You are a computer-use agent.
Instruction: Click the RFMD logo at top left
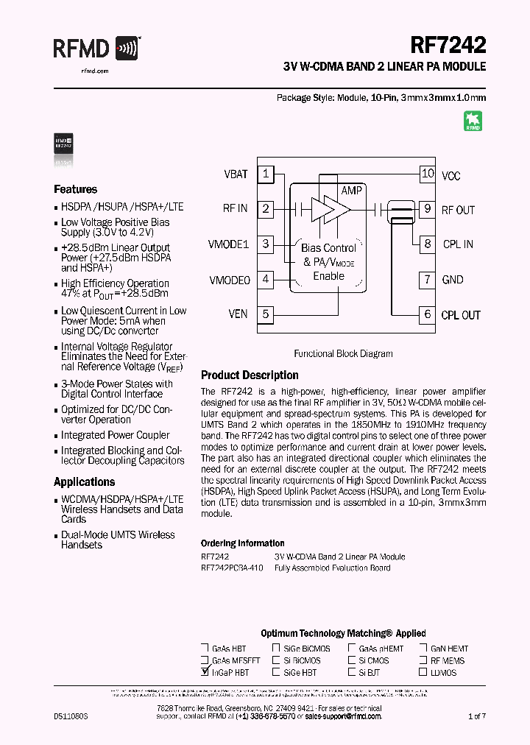tap(96, 49)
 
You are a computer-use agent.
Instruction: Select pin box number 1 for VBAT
tap(266, 174)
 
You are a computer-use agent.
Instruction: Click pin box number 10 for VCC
tap(427, 174)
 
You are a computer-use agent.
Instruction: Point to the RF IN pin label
tap(235, 209)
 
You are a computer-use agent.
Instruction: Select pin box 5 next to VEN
tap(266, 314)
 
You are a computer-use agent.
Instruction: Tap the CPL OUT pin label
tap(461, 315)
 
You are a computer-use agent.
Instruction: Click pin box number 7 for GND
tap(427, 279)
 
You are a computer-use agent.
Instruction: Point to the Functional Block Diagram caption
tap(343, 353)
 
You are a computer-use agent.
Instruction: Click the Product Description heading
tap(250, 375)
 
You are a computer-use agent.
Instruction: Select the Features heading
tap(75, 189)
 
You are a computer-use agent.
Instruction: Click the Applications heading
tap(84, 482)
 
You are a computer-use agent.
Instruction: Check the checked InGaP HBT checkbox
tap(205, 672)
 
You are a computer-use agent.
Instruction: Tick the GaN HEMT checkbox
tap(424, 649)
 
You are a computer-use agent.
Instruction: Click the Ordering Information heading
tap(242, 543)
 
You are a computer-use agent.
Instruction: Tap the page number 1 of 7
tap(477, 716)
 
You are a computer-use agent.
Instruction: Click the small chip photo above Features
tap(64, 144)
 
